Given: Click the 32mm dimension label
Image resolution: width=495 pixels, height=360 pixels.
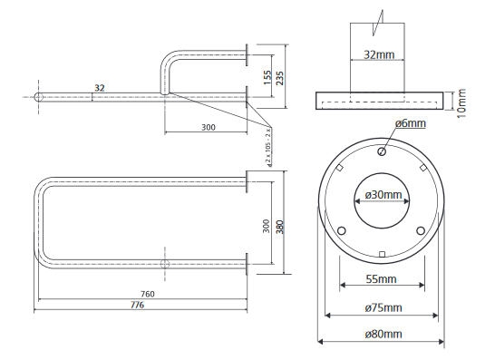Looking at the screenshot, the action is point(379,54).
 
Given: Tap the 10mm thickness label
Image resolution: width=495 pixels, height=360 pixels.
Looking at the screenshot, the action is point(461,103).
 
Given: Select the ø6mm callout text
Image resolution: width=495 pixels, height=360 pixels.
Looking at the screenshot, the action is point(411,123).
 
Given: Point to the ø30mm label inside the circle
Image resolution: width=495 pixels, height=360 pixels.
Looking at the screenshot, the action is point(383,195).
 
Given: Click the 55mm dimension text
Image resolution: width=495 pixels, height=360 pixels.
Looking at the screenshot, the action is point(381,279).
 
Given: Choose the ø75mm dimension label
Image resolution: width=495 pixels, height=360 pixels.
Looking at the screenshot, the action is point(383,307).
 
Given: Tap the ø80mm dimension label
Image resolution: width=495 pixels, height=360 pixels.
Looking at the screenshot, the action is point(383,334).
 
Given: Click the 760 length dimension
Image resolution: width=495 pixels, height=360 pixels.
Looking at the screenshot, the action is point(148,294).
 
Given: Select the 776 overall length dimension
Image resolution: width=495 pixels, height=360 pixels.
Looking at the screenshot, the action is point(137,305).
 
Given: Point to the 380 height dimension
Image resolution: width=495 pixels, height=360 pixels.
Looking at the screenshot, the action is point(280,227).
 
